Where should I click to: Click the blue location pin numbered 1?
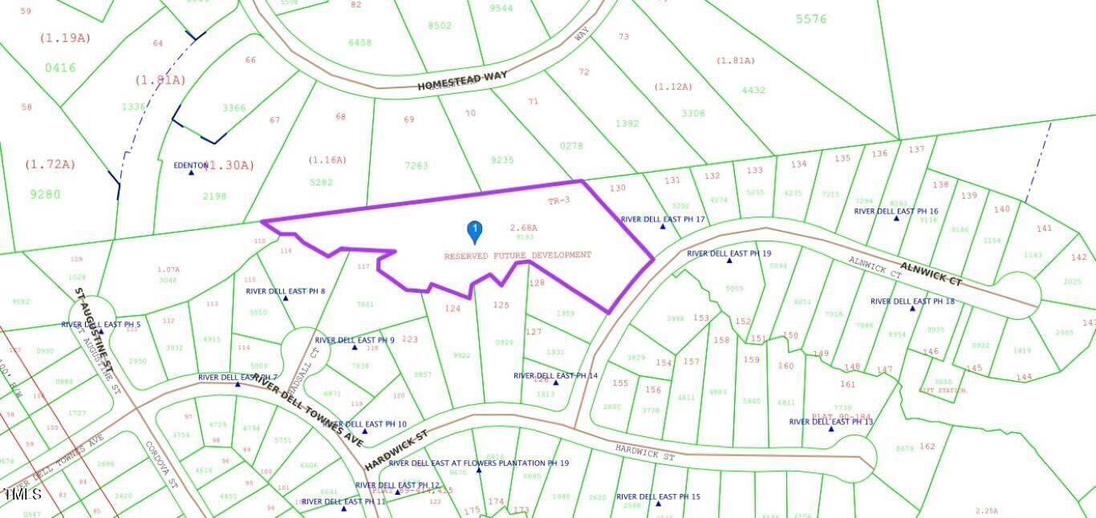pyautogui.click(x=474, y=232)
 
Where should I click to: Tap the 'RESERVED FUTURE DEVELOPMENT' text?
pyautogui.click(x=518, y=255)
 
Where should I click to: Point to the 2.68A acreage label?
pyautogui.click(x=523, y=229)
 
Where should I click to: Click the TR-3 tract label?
pyautogui.click(x=558, y=200)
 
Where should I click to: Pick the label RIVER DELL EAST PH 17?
pyautogui.click(x=663, y=219)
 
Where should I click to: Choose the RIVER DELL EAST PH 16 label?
pyautogui.click(x=896, y=212)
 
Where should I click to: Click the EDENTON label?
pyautogui.click(x=191, y=165)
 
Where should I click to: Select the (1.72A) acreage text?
pyautogui.click(x=50, y=164)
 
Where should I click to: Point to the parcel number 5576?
pyautogui.click(x=811, y=19)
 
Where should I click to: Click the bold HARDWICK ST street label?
pyautogui.click(x=397, y=449)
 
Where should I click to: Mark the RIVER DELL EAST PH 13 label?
pyautogui.click(x=831, y=422)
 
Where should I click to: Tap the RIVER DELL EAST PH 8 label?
pyautogui.click(x=286, y=291)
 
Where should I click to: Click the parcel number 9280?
pyautogui.click(x=46, y=194)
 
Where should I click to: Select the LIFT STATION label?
pyautogui.click(x=943, y=391)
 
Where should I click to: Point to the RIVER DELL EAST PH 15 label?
pyautogui.click(x=658, y=497)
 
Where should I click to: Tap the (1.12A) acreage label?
pyautogui.click(x=673, y=87)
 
